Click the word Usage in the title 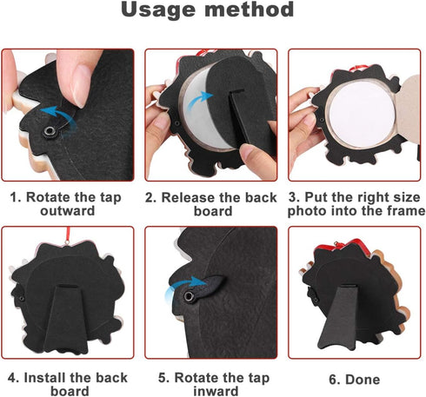[x=158, y=10]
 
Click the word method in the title [x=250, y=10]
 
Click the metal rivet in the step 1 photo [x=50, y=132]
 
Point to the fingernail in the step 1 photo [x=82, y=86]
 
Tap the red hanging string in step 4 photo [x=68, y=235]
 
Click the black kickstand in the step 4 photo [x=66, y=319]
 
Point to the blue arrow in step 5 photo [x=185, y=285]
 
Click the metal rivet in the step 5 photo [x=190, y=296]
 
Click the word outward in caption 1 [x=68, y=211]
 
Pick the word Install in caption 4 [x=45, y=378]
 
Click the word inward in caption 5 [x=216, y=391]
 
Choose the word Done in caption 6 [x=363, y=380]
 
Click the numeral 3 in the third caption [x=292, y=197]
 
